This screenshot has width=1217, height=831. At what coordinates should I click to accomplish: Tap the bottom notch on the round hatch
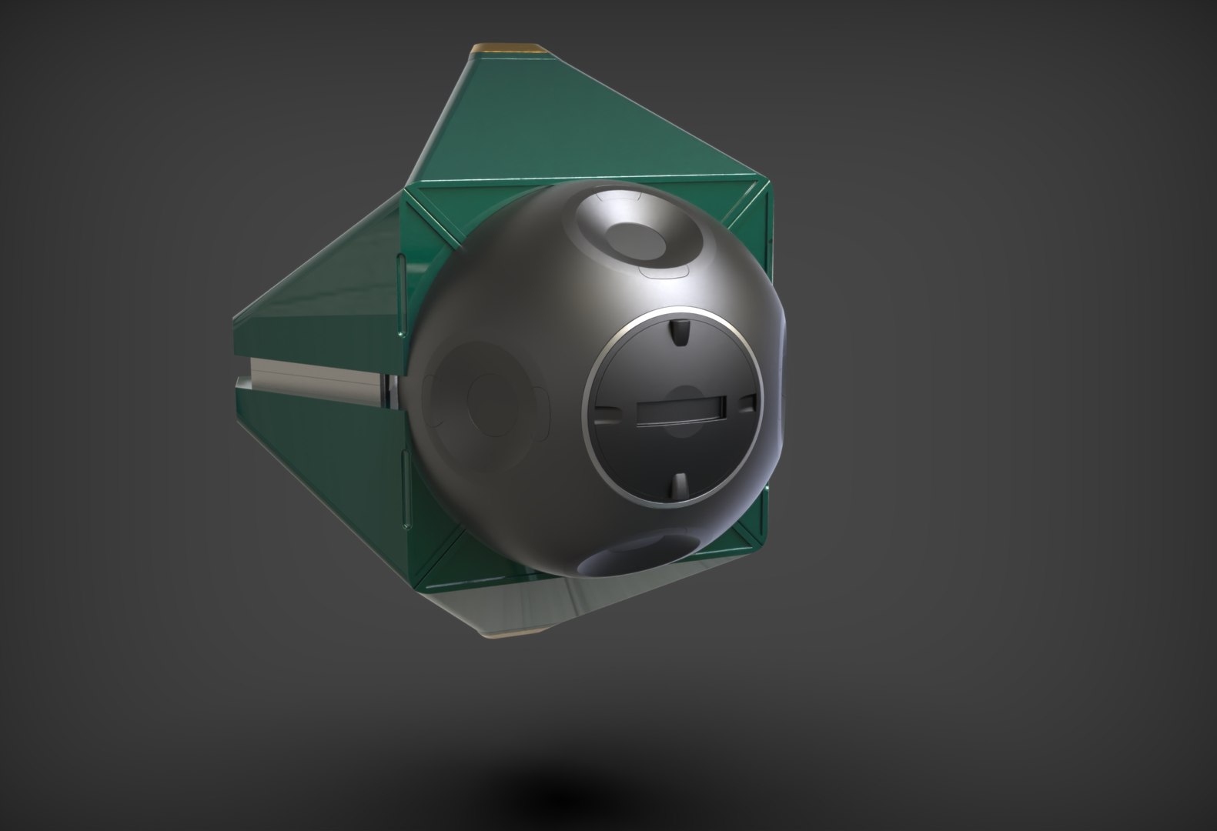680,484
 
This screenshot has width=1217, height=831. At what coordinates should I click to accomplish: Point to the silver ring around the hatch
590,431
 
